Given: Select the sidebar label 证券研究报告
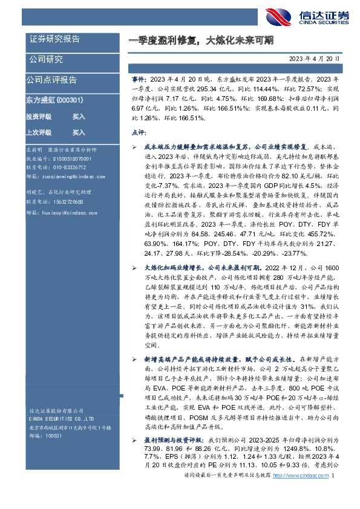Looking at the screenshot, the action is [x=54, y=39].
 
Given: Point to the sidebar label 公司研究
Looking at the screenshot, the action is [x=46, y=59].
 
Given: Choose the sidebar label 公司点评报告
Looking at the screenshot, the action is [x=51, y=79].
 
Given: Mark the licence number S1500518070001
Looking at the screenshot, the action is [x=70, y=158].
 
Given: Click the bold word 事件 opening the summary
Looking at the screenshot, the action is [x=138, y=79].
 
